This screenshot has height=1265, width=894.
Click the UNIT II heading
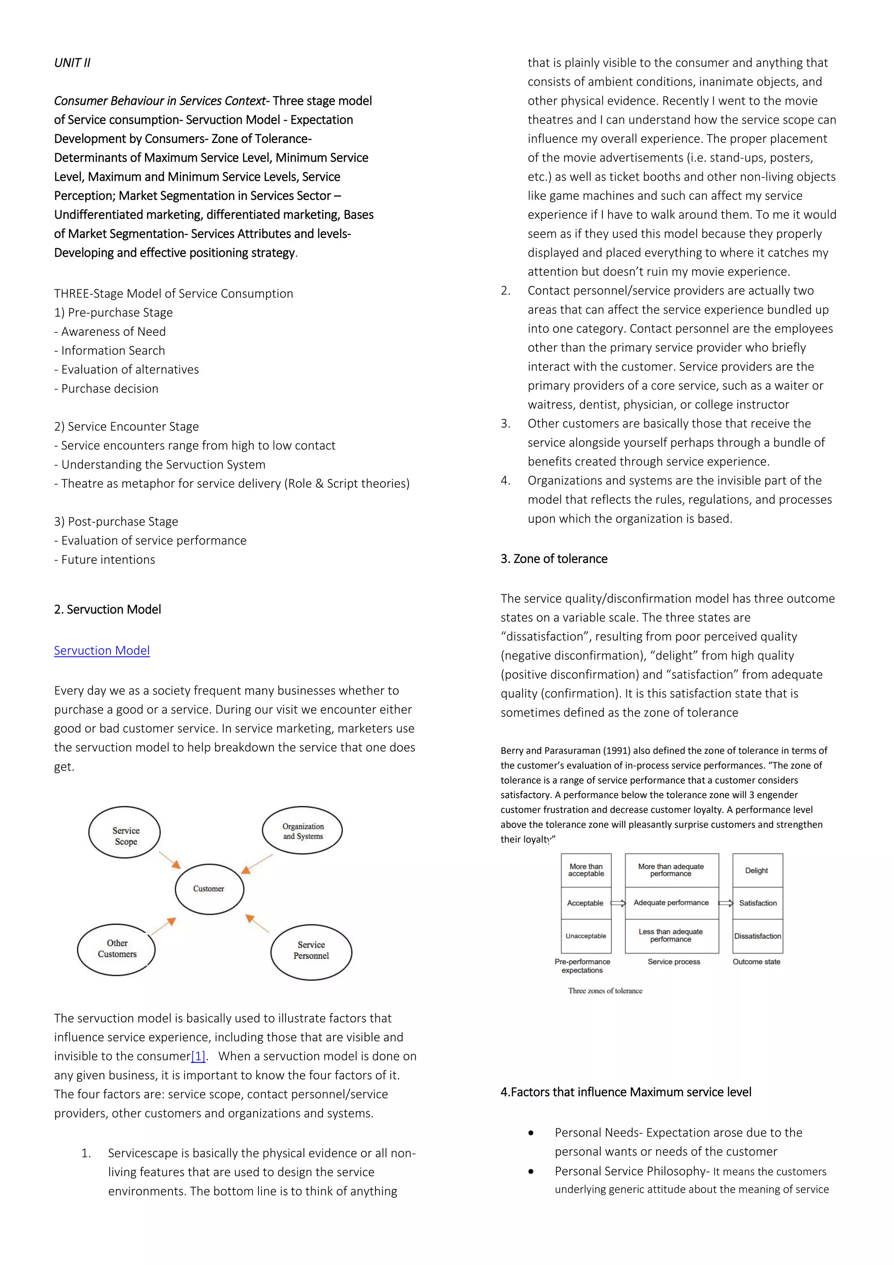pyautogui.click(x=72, y=63)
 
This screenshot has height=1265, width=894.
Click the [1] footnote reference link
pyautogui.click(x=198, y=1056)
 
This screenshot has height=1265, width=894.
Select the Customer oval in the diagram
pyautogui.click(x=209, y=889)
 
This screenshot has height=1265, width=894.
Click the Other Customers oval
pyautogui.click(x=117, y=949)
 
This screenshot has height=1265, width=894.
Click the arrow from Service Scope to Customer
pyautogui.click(x=169, y=860)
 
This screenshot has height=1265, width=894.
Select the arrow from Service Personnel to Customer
pyautogui.click(x=257, y=923)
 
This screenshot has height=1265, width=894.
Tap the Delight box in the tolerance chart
pyautogui.click(x=757, y=871)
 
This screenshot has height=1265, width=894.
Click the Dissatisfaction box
pyautogui.click(x=757, y=936)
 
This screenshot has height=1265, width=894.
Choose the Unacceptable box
pyautogui.click(x=586, y=936)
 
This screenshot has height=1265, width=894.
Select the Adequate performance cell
pyautogui.click(x=671, y=902)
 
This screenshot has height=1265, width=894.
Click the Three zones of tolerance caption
pyautogui.click(x=605, y=991)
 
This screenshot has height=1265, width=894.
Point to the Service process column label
pyautogui.click(x=674, y=961)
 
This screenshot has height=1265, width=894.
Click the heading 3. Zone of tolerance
pyautogui.click(x=554, y=559)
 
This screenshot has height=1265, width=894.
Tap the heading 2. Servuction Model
pyautogui.click(x=107, y=609)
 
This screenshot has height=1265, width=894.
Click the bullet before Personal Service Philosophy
pyautogui.click(x=531, y=1172)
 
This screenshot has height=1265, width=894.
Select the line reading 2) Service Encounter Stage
pyautogui.click(x=126, y=426)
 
